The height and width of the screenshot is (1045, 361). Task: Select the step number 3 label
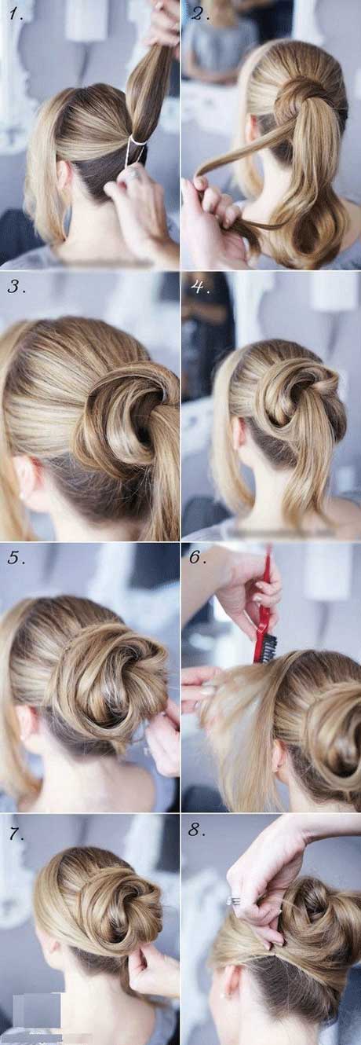[x=16, y=286]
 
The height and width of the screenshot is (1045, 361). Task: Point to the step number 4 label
[x=199, y=286]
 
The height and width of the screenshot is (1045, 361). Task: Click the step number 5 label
[x=16, y=558]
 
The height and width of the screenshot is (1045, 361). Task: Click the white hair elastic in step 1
[x=137, y=140]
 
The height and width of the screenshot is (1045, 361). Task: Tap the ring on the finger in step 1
[x=132, y=174]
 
